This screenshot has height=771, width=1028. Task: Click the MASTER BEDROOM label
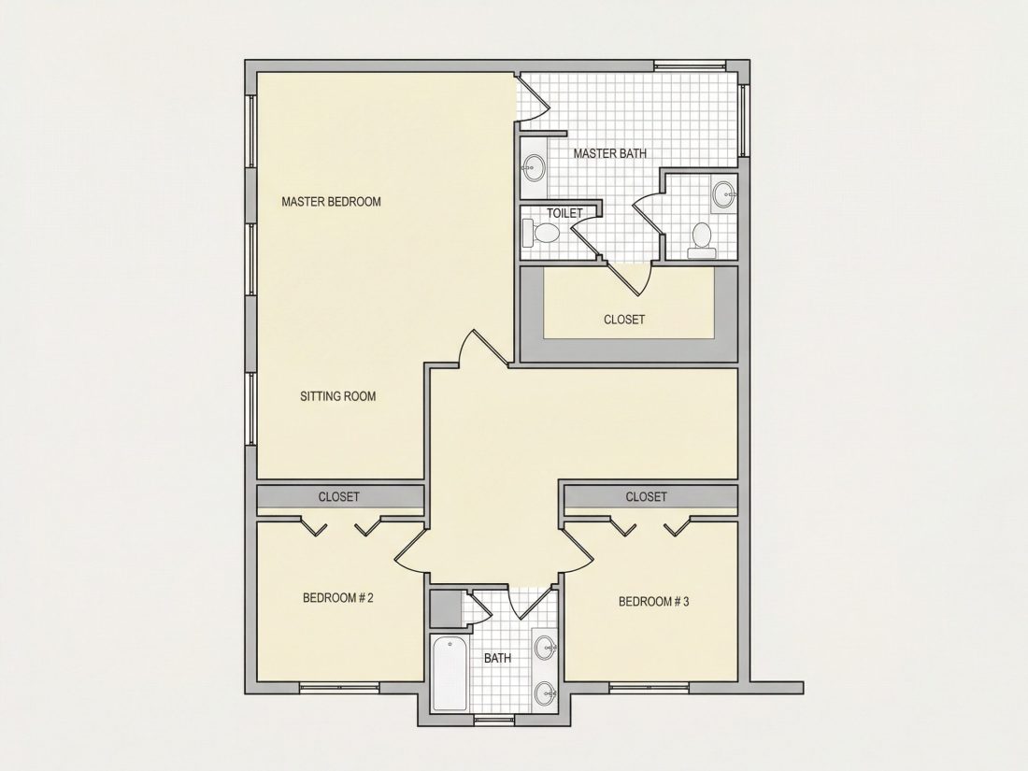pyautogui.click(x=331, y=202)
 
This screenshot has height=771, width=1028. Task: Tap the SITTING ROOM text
pyautogui.click(x=337, y=396)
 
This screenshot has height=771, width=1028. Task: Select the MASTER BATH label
pyautogui.click(x=609, y=153)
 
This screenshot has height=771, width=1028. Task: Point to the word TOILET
pyautogui.click(x=564, y=213)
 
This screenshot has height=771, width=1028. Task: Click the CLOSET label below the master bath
pyautogui.click(x=624, y=320)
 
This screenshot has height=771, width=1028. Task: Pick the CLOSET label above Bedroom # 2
pyautogui.click(x=338, y=497)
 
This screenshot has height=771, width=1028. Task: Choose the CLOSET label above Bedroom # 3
pyautogui.click(x=646, y=497)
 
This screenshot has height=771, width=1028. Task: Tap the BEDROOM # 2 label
pyautogui.click(x=337, y=598)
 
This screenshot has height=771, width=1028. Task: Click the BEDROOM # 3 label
pyautogui.click(x=653, y=602)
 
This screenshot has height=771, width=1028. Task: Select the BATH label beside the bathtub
pyautogui.click(x=497, y=658)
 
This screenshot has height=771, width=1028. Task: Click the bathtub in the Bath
pyautogui.click(x=450, y=674)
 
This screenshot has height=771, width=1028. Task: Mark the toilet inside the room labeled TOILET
pyautogui.click(x=541, y=232)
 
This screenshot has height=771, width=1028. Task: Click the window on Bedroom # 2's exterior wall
pyautogui.click(x=339, y=688)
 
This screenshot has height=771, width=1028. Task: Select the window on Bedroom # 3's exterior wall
pyautogui.click(x=649, y=688)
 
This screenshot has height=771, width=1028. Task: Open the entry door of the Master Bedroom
pyautogui.click(x=486, y=348)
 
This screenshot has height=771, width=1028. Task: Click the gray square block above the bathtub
pyautogui.click(x=446, y=609)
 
